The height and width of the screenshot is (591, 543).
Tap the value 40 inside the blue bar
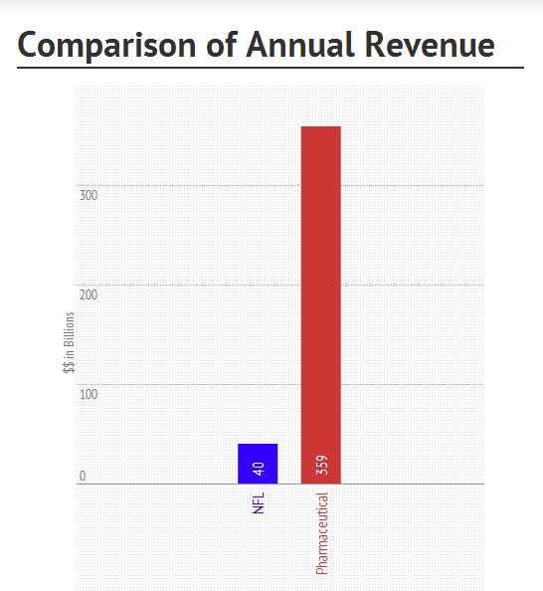259,469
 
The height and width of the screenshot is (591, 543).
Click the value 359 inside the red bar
321,466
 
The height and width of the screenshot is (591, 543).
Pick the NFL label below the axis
259,502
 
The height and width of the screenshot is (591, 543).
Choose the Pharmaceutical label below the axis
321,534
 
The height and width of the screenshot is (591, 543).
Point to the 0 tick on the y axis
83,477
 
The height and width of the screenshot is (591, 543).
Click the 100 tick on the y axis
89,394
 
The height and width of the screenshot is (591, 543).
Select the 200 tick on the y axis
89,295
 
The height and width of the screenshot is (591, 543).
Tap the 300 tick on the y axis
89,195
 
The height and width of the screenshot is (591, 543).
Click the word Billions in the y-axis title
69,343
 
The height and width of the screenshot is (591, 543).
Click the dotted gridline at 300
199,185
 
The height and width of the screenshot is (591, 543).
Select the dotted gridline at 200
199,285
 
